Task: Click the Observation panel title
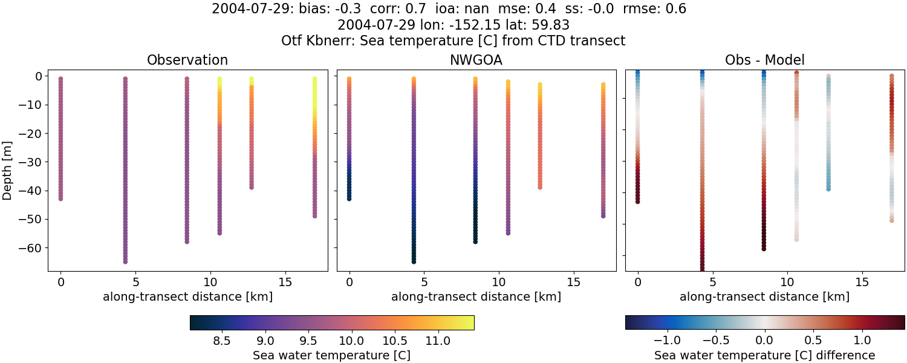coord(187,60)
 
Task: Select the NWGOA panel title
coord(476,60)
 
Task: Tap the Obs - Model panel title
coord(764,60)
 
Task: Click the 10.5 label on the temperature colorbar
coord(395,341)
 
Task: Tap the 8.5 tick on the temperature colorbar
coord(222,341)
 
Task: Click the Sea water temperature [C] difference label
coord(764,356)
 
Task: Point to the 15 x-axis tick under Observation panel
coord(285,282)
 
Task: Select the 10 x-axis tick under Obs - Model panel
coord(787,282)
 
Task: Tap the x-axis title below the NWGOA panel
coord(476,297)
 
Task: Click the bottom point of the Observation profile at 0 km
coord(60,198)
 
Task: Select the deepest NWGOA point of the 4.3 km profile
coord(414,261)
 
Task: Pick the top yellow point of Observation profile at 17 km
coord(314,79)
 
